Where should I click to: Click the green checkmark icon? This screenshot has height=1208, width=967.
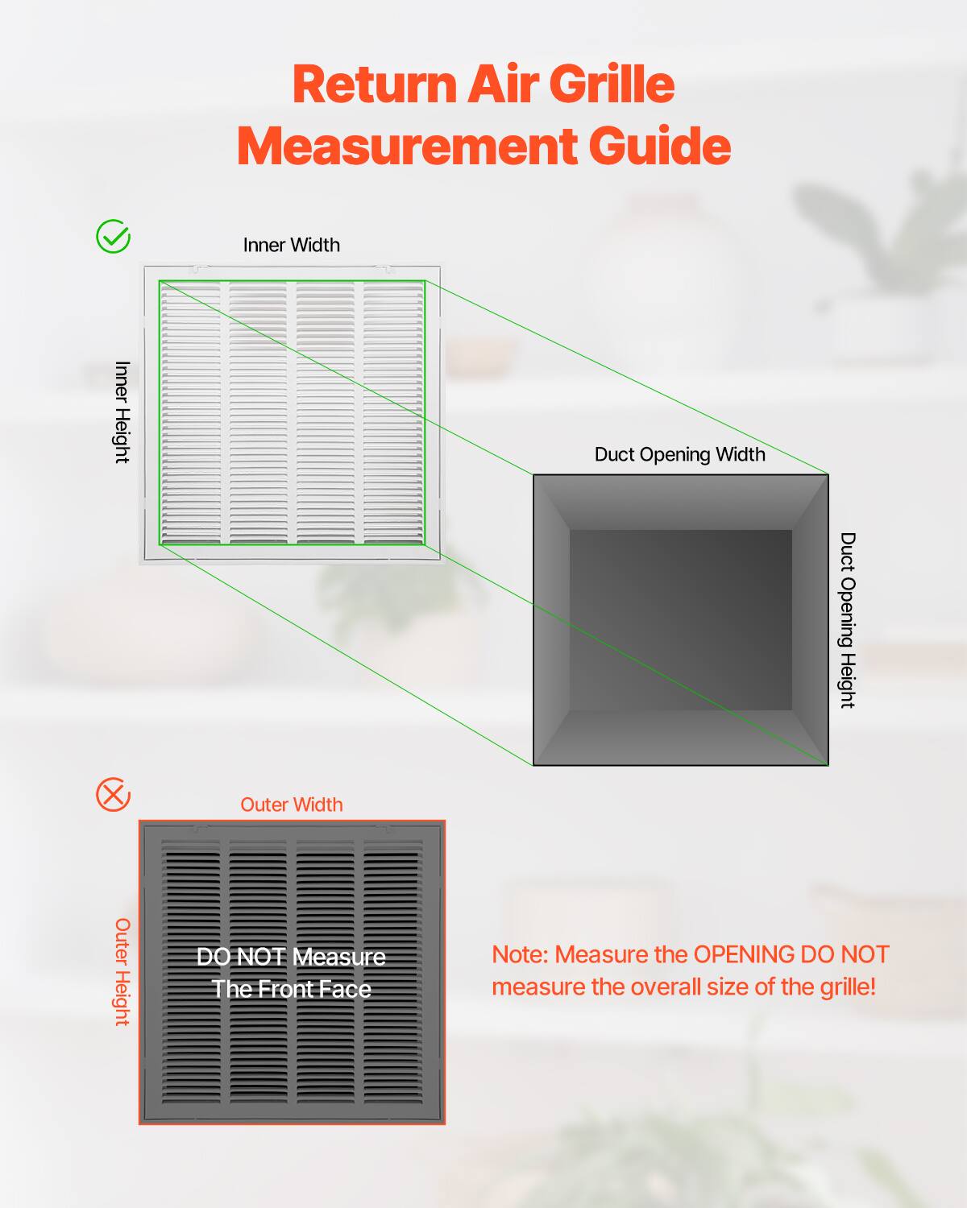click(113, 237)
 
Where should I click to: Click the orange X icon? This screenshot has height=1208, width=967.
click(113, 795)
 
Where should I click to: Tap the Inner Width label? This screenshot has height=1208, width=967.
click(292, 245)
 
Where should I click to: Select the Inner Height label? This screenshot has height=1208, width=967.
click(122, 412)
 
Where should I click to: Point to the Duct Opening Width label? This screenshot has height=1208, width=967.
click(679, 454)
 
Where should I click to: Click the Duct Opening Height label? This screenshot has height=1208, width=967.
click(847, 619)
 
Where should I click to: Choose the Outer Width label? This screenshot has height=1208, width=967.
click(292, 805)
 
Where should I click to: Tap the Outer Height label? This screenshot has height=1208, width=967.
click(122, 971)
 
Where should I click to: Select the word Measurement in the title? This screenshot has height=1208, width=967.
click(406, 147)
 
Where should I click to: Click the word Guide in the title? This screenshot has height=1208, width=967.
click(659, 147)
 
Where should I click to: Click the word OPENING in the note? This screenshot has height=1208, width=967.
click(743, 954)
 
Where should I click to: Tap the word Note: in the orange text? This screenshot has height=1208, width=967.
click(520, 954)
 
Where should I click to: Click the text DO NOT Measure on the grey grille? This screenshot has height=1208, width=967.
click(292, 957)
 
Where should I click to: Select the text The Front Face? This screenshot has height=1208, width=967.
click(292, 989)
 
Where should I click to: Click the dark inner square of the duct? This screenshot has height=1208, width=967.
click(681, 620)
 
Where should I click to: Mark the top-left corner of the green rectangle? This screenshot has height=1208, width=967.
click(160, 281)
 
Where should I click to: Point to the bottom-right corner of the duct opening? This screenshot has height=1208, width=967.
click(828, 764)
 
